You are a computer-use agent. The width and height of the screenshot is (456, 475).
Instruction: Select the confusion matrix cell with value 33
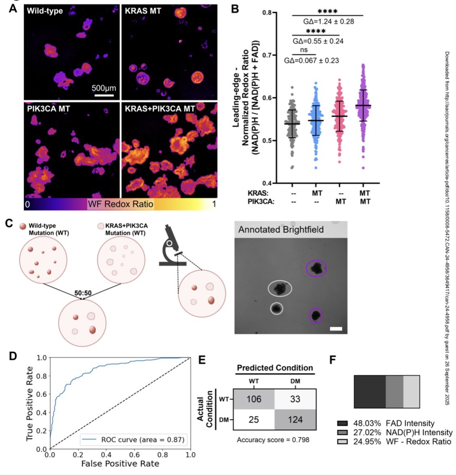click(x=295, y=399)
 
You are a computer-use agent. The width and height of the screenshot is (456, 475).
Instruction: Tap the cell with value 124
click(x=295, y=420)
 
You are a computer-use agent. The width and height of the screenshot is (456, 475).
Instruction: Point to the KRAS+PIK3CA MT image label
click(x=160, y=109)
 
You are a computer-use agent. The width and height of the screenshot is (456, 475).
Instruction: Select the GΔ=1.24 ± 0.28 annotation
click(x=328, y=21)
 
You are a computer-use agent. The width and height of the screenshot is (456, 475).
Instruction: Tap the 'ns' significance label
click(x=304, y=50)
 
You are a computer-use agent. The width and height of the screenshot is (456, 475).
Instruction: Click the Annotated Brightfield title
click(x=281, y=230)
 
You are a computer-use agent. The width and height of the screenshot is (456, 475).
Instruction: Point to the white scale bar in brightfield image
click(x=336, y=329)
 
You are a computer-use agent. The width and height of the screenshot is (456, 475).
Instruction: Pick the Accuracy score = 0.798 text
click(x=273, y=440)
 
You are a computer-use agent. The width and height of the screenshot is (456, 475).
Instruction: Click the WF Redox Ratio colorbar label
click(x=120, y=204)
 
